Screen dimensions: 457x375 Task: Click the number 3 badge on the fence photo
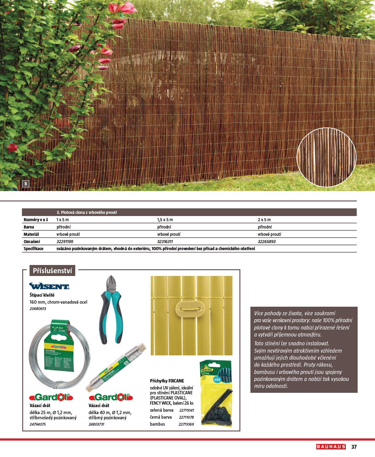(26, 183)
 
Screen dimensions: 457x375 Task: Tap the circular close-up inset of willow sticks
(326, 157)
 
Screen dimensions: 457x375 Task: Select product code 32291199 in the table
(65, 242)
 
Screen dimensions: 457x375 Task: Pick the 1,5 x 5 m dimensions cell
(165, 220)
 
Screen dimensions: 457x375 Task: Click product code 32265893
(267, 242)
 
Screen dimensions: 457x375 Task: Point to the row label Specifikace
(34, 249)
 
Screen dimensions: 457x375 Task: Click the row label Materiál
(31, 234)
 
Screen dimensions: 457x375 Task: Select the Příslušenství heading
(52, 270)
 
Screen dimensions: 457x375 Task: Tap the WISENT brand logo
(49, 286)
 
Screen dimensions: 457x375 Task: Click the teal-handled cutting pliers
(111, 310)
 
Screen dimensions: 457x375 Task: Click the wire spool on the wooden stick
(116, 368)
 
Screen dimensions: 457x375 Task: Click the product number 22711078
(186, 417)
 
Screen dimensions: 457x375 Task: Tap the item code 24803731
(96, 424)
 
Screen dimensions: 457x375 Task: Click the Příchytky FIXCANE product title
(167, 381)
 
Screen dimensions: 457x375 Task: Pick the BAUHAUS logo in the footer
(331, 447)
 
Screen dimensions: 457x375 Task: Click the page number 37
(354, 447)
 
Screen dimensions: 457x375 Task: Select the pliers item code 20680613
(38, 309)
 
